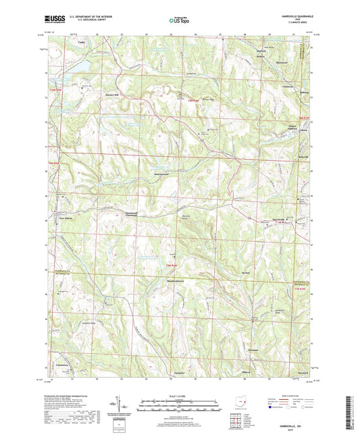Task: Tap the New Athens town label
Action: coord(66,219)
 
